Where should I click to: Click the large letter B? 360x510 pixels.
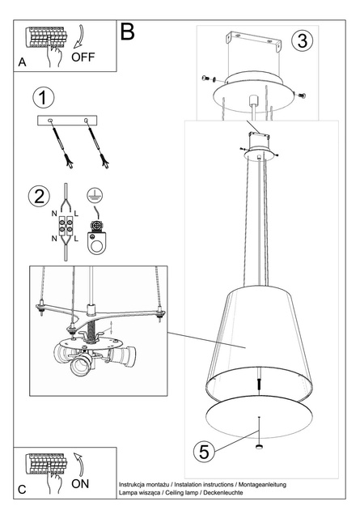[127, 32]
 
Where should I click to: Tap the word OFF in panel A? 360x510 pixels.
[83, 57]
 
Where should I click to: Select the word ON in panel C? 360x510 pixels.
[80, 483]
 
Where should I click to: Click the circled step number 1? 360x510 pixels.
[44, 98]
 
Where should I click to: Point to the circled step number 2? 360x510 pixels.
[40, 196]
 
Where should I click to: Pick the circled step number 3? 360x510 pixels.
[303, 40]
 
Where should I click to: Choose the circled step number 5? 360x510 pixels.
[204, 452]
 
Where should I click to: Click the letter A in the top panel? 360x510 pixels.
[22, 62]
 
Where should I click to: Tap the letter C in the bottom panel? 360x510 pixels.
[22, 490]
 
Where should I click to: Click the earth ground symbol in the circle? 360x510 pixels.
[95, 195]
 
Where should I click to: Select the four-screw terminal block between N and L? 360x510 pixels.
[66, 225]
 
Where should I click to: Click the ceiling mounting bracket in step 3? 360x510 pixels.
[254, 40]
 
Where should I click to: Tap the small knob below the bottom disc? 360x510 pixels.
[259, 447]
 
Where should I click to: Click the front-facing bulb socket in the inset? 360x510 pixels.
[81, 365]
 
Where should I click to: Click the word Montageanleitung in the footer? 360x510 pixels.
[263, 485]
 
